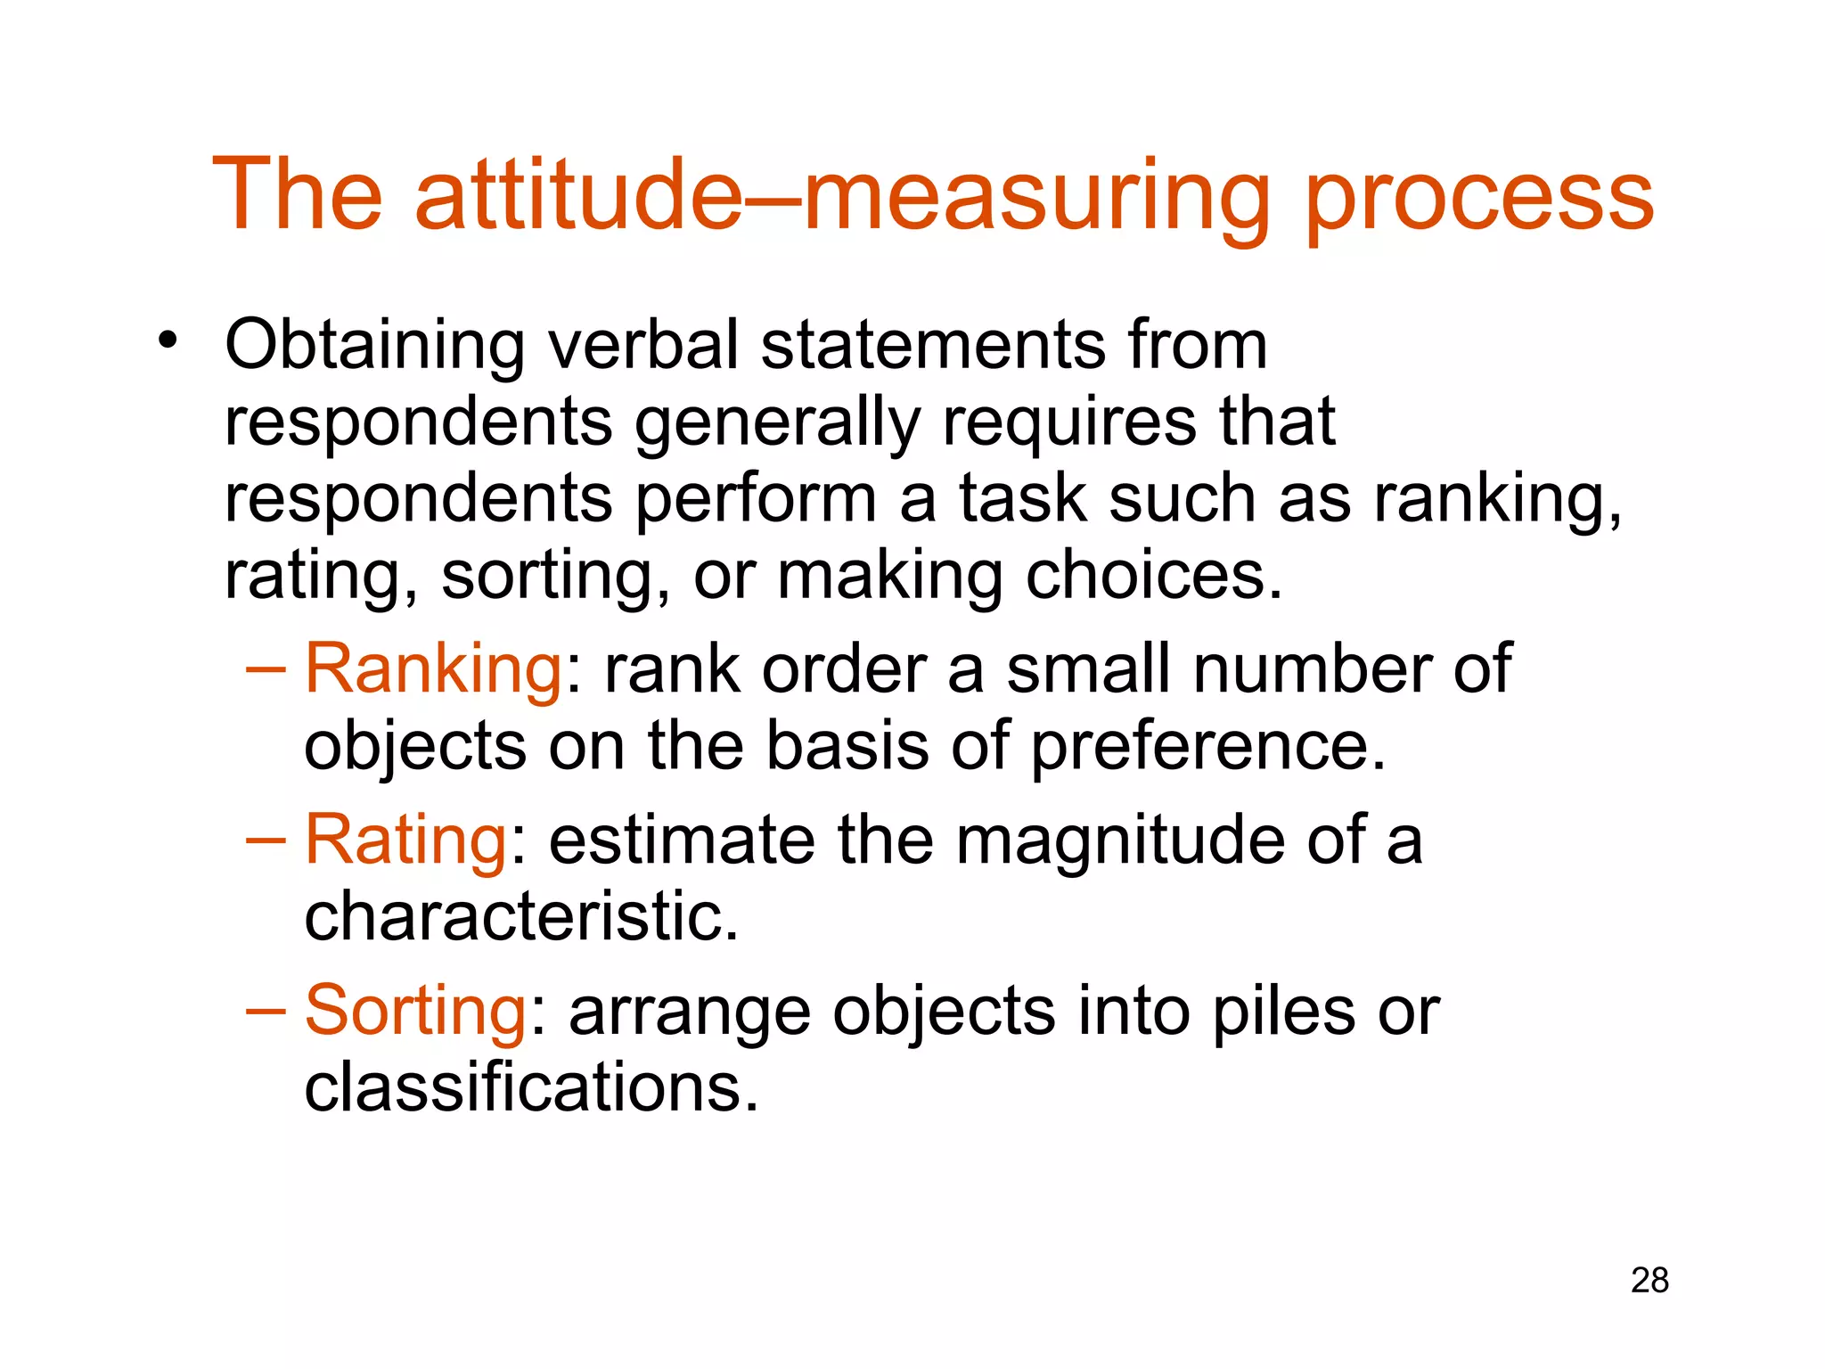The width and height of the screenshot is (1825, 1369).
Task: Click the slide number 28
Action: point(1649,1281)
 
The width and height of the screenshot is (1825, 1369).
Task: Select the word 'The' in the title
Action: point(298,194)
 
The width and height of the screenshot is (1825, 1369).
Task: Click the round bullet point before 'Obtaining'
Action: point(167,340)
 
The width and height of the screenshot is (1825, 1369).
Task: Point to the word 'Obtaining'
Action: point(374,346)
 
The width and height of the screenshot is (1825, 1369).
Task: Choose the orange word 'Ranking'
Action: point(433,668)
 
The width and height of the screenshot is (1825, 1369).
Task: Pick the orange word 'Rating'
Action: point(406,840)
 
